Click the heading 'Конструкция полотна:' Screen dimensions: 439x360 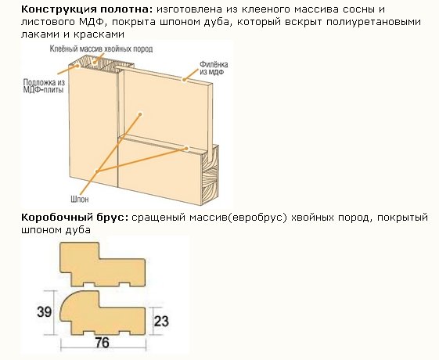click(87, 9)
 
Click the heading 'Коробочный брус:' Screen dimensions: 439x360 click(75, 218)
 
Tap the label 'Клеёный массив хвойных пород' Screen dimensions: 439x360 click(102, 49)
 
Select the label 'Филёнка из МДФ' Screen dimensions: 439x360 click(214, 68)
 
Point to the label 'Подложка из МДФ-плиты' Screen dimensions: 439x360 click(44, 86)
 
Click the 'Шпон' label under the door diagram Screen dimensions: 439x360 click(80, 199)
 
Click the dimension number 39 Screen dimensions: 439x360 click(44, 311)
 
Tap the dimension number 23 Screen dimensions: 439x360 click(161, 321)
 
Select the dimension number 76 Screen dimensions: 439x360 click(102, 343)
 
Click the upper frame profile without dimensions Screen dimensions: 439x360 click(103, 265)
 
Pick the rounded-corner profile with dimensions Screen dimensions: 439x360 click(103, 313)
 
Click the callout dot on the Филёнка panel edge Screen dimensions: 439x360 click(184, 80)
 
